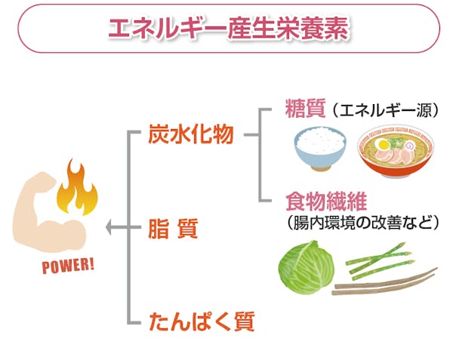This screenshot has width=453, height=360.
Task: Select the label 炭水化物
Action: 192,137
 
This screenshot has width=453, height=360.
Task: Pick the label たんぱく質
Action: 202,323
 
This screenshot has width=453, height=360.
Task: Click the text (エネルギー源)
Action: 384,111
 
